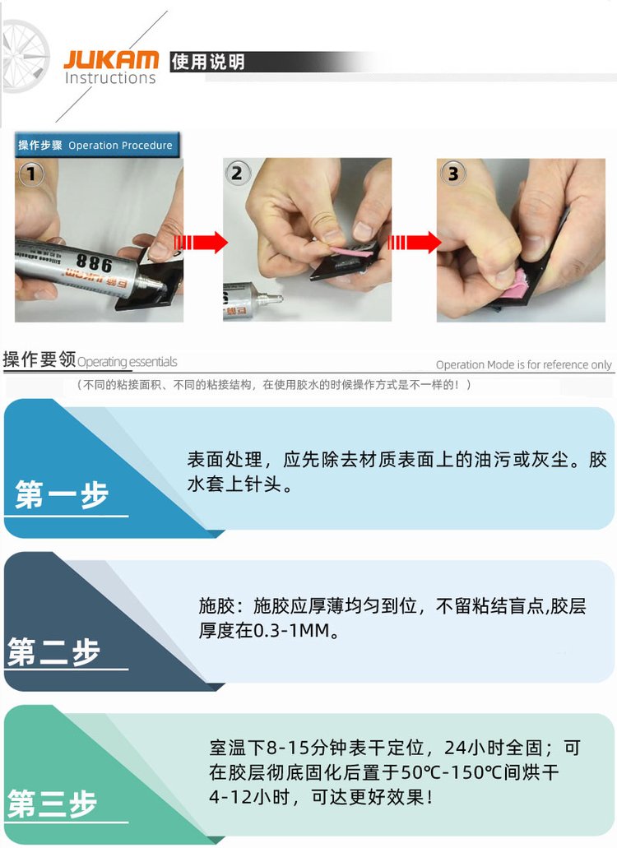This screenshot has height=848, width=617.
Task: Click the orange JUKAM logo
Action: pos(111,59)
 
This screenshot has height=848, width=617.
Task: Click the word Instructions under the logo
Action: pos(110,78)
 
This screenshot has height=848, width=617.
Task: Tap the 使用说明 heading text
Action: pos(207,62)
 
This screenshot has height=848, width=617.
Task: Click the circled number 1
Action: pos(30,174)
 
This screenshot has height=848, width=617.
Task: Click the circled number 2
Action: pos(236,173)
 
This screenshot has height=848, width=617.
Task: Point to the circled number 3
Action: pos(452,173)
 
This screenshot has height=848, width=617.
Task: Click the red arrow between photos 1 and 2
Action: pos(201,242)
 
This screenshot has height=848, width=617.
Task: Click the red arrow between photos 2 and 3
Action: pos(415,242)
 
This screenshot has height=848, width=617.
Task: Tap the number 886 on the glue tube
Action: pos(95,262)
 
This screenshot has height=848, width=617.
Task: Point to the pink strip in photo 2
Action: pos(351,252)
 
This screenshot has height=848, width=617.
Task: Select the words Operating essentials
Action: pos(127,362)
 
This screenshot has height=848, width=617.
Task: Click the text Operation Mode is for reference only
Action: pos(523,364)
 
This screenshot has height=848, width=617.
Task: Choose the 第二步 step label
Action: pos(53,651)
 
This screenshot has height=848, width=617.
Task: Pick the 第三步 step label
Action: pos(52,803)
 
